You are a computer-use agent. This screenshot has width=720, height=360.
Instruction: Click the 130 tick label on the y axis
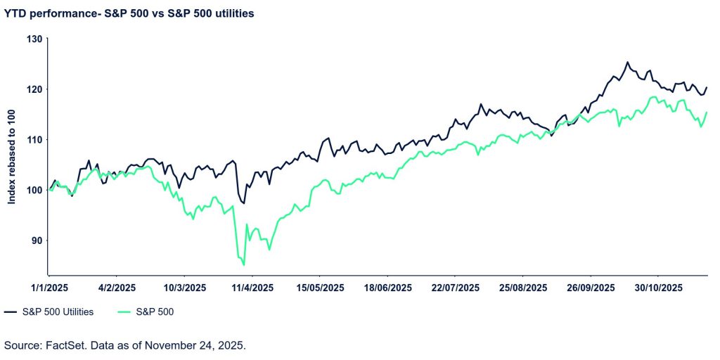click(x=34, y=39)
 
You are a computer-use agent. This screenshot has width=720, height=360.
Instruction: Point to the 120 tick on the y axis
click(x=34, y=89)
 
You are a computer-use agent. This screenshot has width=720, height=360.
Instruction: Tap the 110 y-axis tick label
click(x=34, y=140)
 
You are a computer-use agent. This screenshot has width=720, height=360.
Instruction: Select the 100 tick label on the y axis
click(x=34, y=190)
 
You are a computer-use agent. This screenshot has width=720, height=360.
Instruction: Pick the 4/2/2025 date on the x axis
click(x=116, y=288)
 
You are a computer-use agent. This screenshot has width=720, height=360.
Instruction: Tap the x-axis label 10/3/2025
click(x=184, y=288)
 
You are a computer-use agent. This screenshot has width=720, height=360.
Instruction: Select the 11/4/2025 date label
click(x=252, y=288)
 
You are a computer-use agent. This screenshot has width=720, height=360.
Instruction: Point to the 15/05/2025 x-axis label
click(x=320, y=288)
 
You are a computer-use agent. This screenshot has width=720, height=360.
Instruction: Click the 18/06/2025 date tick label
click(x=388, y=288)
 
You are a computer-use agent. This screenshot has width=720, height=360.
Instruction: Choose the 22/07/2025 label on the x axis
click(x=456, y=288)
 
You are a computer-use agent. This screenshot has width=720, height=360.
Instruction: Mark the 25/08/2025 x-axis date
click(x=524, y=288)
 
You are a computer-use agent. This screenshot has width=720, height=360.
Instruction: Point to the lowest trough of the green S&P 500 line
click(x=244, y=265)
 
